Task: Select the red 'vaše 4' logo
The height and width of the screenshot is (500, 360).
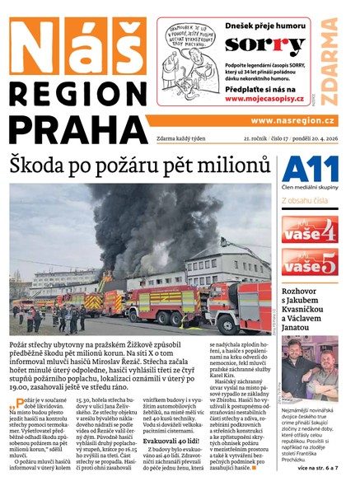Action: pyautogui.click(x=309, y=228)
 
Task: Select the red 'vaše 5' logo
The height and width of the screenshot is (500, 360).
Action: pyautogui.click(x=309, y=264)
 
